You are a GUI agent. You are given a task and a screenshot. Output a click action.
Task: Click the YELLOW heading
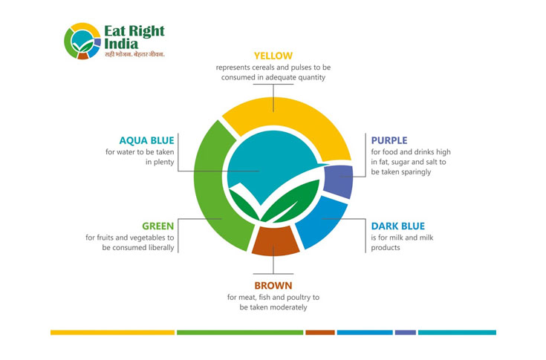click(x=273, y=56)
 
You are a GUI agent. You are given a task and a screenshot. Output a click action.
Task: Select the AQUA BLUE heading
click(x=146, y=140)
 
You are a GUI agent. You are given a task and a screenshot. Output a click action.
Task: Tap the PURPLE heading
click(x=389, y=140)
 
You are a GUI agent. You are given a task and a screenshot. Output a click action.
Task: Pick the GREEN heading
click(x=157, y=226)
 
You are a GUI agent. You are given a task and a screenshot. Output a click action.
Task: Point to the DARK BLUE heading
click(x=398, y=226)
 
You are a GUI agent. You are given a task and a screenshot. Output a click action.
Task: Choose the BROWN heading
click(x=273, y=285)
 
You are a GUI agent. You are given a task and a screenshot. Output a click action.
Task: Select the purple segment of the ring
click(x=338, y=181)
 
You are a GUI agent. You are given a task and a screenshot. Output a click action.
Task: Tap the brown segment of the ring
click(x=275, y=240)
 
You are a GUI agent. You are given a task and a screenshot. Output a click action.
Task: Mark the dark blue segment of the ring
click(x=322, y=218)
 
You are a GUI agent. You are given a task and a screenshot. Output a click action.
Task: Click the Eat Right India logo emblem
click(x=82, y=41)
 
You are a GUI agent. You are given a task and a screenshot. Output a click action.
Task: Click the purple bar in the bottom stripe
click(x=405, y=333)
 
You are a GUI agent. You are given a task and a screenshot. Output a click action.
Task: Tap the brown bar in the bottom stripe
click(x=319, y=333)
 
